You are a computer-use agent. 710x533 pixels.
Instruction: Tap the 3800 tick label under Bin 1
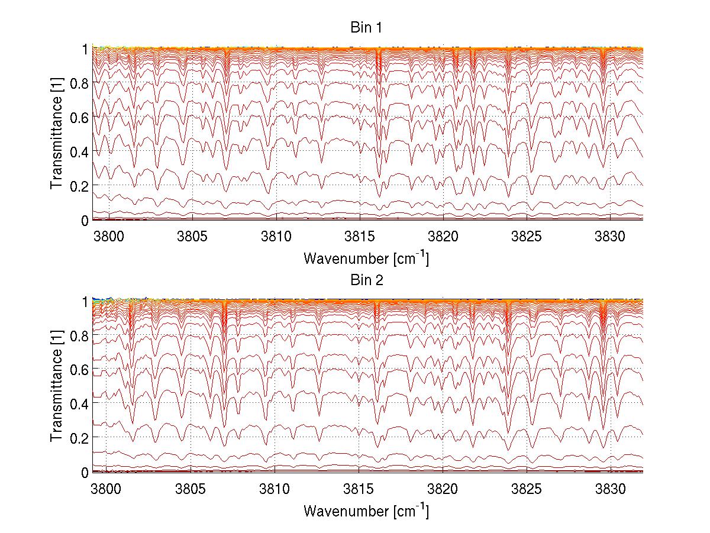click(108, 237)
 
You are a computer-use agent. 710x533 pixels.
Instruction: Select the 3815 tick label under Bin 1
click(359, 237)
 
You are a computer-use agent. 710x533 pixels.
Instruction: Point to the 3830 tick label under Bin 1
click(611, 237)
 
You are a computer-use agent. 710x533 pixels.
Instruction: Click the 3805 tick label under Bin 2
click(192, 489)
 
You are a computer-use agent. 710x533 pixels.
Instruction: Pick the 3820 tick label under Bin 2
click(443, 489)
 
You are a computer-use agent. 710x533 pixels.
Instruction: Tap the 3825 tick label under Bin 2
click(527, 489)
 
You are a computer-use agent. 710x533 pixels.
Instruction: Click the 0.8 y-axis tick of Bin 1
click(79, 83)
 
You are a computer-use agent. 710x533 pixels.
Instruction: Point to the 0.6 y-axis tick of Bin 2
click(79, 369)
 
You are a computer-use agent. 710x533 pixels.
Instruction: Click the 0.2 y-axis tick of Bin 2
click(79, 438)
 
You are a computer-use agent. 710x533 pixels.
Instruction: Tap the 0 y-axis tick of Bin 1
click(85, 220)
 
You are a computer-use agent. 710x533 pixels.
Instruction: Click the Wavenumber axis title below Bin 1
click(366, 258)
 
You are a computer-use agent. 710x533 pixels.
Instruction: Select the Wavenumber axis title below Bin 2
click(366, 510)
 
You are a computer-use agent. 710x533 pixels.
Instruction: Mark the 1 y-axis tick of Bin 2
click(85, 301)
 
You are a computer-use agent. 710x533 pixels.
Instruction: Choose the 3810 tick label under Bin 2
click(275, 489)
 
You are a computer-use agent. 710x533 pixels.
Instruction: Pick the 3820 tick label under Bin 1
click(443, 237)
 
